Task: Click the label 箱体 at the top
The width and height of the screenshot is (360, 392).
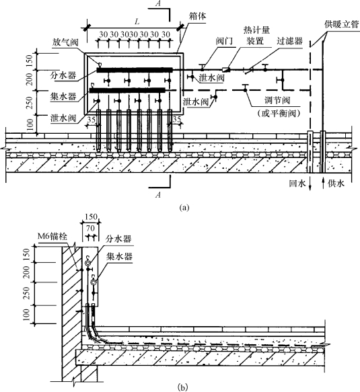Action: (197, 17)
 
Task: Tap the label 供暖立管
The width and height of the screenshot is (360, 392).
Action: (342, 25)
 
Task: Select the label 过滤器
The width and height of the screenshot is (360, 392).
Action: (289, 41)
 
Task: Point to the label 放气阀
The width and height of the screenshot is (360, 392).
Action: (65, 42)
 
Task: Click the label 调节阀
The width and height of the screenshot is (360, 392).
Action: (278, 100)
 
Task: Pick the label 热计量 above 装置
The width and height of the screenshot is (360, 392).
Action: (256, 30)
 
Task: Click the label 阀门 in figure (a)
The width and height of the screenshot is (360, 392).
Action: (225, 41)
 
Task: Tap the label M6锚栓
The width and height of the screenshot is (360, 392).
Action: (52, 236)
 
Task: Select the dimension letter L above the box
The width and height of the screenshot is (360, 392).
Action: (137, 22)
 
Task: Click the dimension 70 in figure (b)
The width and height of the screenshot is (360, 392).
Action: (90, 228)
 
